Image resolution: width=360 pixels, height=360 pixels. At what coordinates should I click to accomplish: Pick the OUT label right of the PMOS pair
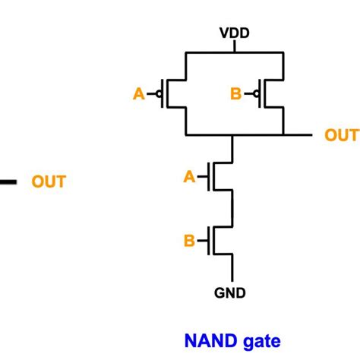pyautogui.click(x=341, y=135)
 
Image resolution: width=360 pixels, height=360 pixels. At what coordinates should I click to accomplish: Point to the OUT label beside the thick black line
pyautogui.click(x=48, y=182)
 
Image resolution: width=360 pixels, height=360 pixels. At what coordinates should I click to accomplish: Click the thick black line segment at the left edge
pyautogui.click(x=8, y=182)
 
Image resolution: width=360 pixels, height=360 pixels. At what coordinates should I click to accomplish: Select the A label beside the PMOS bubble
pyautogui.click(x=138, y=94)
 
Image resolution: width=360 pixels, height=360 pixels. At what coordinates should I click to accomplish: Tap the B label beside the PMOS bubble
pyautogui.click(x=235, y=94)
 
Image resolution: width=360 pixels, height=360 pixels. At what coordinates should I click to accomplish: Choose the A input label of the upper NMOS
pyautogui.click(x=189, y=177)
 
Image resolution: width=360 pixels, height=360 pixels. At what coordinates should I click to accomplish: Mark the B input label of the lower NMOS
pyautogui.click(x=189, y=242)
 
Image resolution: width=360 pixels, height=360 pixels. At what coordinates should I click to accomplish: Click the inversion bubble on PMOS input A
pyautogui.click(x=159, y=94)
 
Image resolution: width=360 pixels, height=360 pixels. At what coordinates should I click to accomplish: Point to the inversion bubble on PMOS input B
pyautogui.click(x=257, y=94)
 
